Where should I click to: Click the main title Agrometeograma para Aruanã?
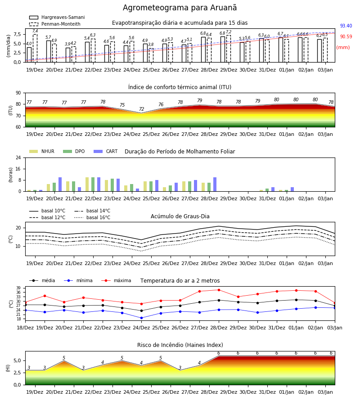coord(180,8)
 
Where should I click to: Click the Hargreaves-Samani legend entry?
coord(57,17)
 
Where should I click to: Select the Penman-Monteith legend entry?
coord(55,24)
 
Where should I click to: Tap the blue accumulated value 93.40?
coord(346,26)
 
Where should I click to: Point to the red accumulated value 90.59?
coord(346,37)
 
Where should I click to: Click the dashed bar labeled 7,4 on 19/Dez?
coord(35,48)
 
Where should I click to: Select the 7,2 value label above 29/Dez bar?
coord(229,32)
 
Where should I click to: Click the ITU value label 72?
coord(141,109)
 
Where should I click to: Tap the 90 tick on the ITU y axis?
coord(18,93)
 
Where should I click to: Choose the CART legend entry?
coord(106,151)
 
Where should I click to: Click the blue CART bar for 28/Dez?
coord(215,184)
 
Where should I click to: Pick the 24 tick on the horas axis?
coord(18,157)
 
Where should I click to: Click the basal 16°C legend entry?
coord(92,217)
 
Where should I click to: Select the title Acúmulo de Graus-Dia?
coord(180,216)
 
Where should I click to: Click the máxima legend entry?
coord(116,280)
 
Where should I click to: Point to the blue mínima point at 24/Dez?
coord(141,318)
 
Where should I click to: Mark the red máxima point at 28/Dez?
coord(219,290)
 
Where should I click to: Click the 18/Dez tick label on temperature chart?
coord(25,328)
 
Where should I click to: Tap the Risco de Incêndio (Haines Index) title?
coord(180,345)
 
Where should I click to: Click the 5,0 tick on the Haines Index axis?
coord(17,361)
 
